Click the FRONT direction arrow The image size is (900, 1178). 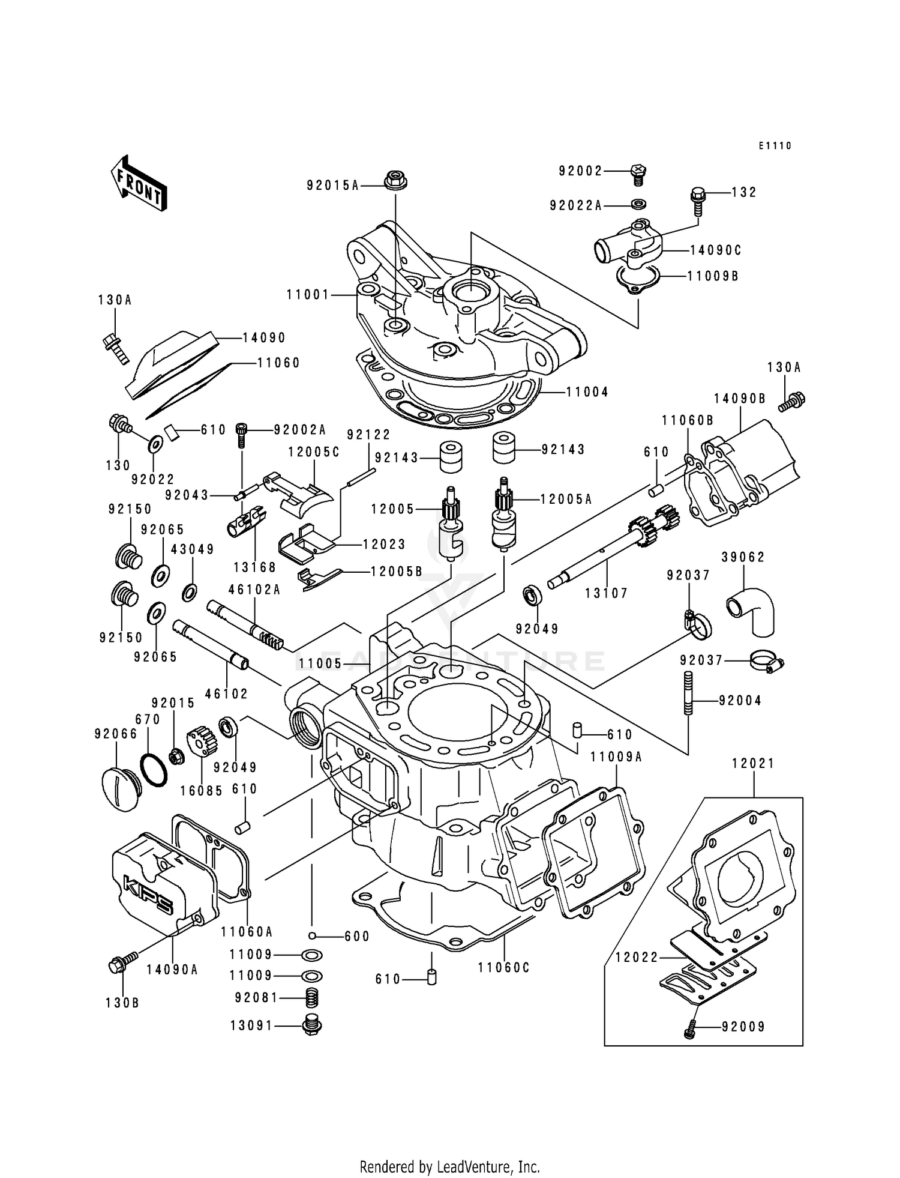tap(138, 183)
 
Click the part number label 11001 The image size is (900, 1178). tap(308, 295)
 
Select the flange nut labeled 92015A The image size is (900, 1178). tap(395, 180)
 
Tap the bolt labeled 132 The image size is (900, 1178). tap(698, 199)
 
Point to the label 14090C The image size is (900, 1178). tap(716, 250)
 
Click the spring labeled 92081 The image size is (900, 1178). tap(313, 998)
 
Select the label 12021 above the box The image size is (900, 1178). tap(753, 764)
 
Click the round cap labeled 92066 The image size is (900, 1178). tap(119, 788)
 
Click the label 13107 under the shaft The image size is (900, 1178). tap(606, 593)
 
